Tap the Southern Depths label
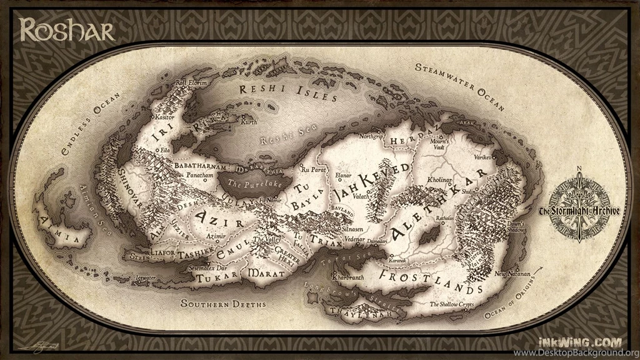223,304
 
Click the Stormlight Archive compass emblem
579,210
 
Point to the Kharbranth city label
348,276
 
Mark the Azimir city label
216,237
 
